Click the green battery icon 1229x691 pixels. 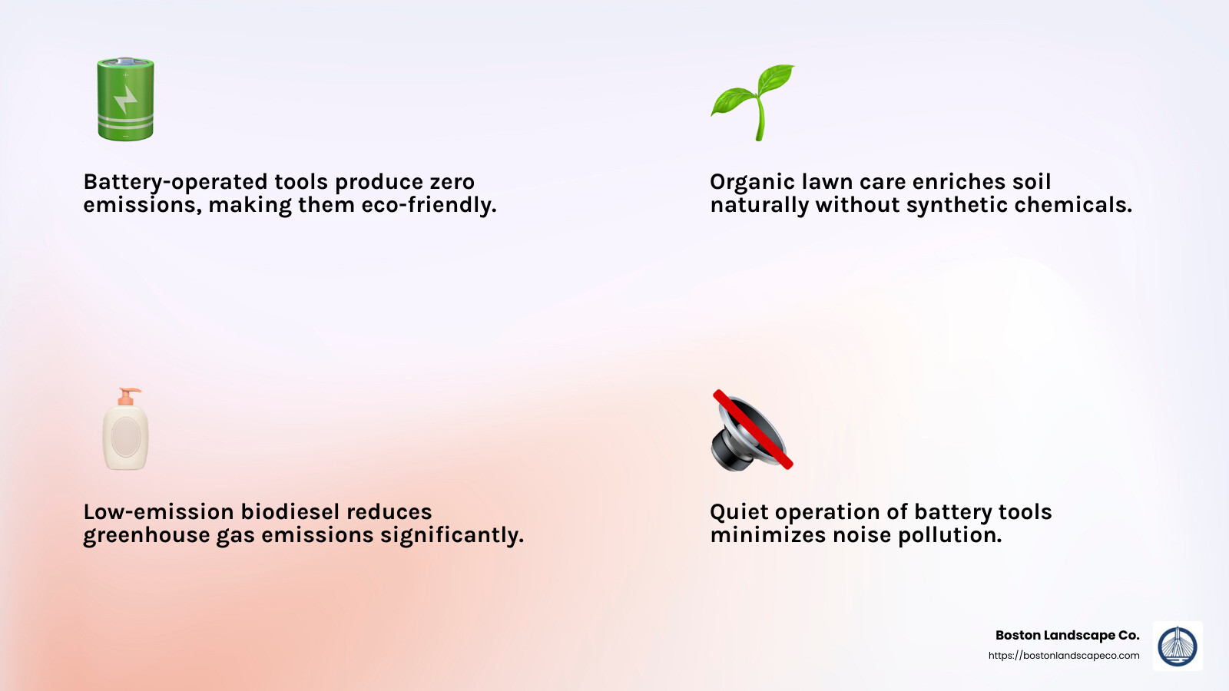pos(125,99)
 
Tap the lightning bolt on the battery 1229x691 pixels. pos(125,99)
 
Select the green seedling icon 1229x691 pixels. pos(753,101)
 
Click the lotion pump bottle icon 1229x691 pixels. pos(126,430)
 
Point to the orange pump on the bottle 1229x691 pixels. pos(128,396)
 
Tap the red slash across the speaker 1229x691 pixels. pos(753,428)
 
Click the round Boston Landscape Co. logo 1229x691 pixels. pos(1178,646)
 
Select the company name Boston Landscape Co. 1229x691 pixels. pos(1067,635)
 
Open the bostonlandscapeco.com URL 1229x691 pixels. pos(1064,656)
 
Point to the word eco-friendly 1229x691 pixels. pos(448,205)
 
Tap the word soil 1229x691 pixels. pos(1032,182)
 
